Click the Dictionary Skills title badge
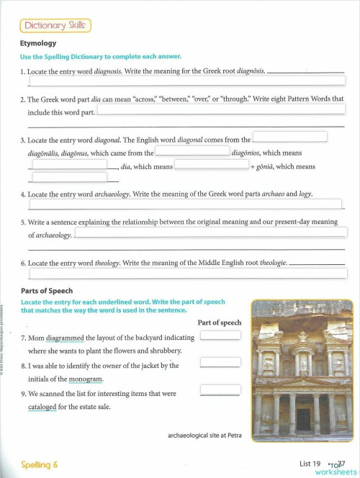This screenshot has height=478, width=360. tap(55, 26)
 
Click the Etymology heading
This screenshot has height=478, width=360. tap(38, 43)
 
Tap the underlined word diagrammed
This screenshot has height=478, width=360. tap(65, 338)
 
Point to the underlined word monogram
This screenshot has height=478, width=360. tap(85, 379)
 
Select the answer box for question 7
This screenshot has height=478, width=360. tap(220, 335)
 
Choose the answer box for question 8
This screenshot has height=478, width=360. tap(220, 362)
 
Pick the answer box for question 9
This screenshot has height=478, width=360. tap(220, 390)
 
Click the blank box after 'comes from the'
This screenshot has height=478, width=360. tap(289, 137)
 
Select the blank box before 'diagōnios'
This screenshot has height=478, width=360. tap(192, 151)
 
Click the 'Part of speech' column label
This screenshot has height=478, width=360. tap(219, 323)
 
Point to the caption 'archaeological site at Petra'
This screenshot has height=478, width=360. tap(204, 436)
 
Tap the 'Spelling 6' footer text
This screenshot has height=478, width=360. tap(40, 464)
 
